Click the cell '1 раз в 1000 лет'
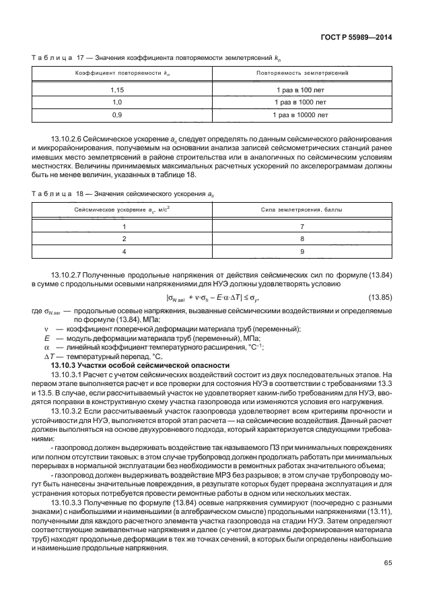[302, 102]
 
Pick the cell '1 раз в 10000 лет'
[302, 115]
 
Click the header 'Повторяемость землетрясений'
[302, 71]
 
